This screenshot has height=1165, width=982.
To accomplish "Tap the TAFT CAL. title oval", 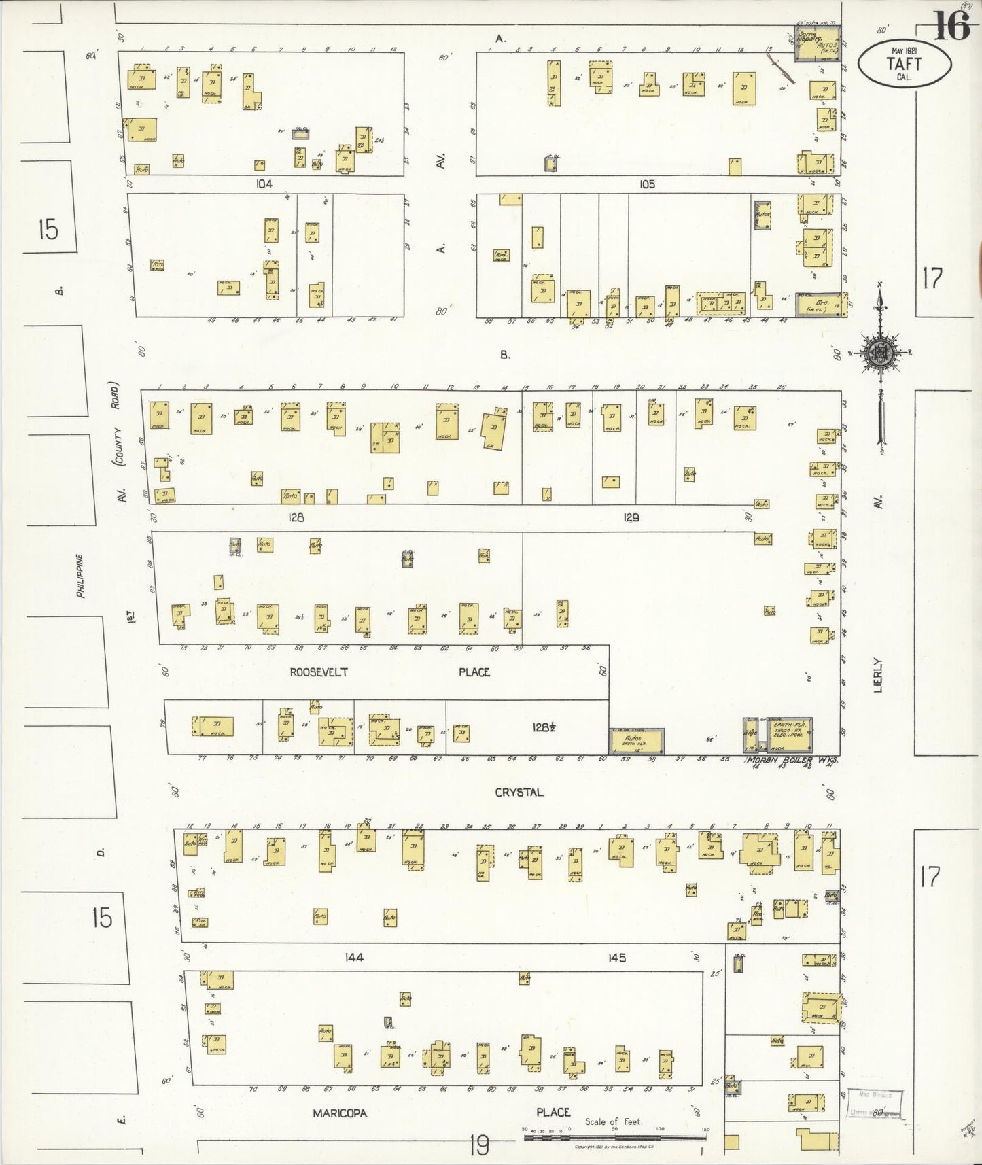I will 903,64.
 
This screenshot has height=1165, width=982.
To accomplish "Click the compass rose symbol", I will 881,353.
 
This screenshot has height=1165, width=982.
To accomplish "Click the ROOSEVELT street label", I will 319,672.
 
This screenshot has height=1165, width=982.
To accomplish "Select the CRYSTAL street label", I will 519,793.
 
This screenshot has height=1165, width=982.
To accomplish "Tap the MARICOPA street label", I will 340,1113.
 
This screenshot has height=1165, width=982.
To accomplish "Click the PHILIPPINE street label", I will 80,576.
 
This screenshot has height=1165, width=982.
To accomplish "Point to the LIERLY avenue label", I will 878,675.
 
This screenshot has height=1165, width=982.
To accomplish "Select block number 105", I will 646,184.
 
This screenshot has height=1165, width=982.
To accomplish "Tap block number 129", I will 631,518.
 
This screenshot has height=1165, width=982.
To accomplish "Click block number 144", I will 353,958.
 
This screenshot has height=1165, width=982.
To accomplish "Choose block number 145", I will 616,958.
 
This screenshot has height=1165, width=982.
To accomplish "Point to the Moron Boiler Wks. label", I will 792,761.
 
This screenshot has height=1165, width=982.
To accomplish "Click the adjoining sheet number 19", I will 478,1147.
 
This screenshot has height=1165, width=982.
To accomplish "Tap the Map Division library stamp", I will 875,1105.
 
